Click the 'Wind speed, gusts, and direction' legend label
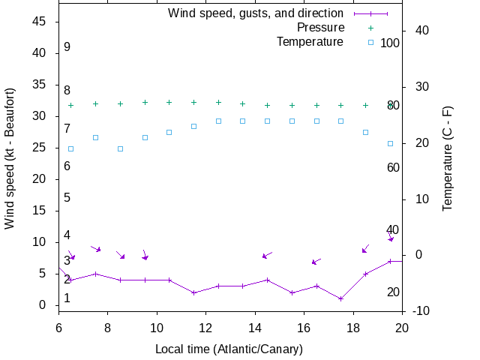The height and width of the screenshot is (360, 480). click(x=255, y=13)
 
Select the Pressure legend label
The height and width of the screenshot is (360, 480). click(x=320, y=27)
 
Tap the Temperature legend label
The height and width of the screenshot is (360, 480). click(x=310, y=41)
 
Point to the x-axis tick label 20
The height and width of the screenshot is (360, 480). click(x=402, y=327)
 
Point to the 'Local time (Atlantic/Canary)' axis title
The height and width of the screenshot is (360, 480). click(x=228, y=349)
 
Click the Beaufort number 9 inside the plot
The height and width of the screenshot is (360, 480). click(x=67, y=47)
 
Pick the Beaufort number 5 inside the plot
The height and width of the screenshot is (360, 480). click(x=67, y=198)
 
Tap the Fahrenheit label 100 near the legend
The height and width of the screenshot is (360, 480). click(x=390, y=43)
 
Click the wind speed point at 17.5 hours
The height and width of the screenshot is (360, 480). click(x=340, y=298)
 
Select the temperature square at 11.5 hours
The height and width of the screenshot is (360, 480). click(x=193, y=126)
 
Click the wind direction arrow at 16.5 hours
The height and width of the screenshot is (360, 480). click(x=316, y=262)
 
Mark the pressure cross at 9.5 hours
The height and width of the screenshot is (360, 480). click(x=145, y=102)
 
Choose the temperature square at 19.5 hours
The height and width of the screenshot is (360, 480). click(x=390, y=143)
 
